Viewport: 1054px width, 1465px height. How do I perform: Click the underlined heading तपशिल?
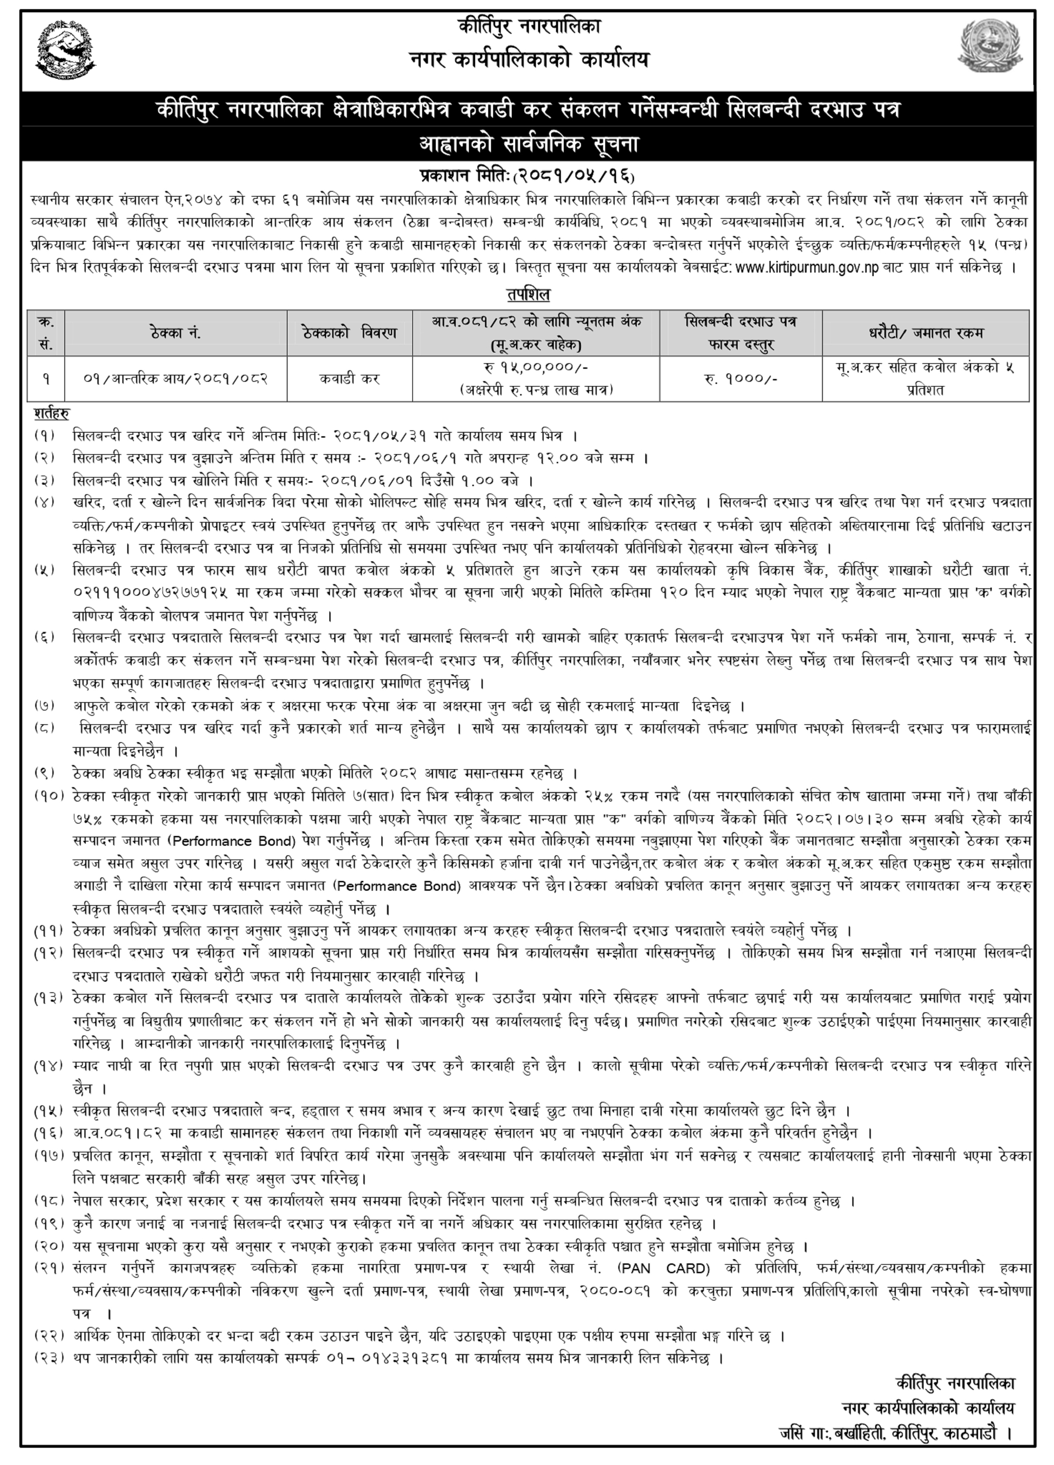(x=527, y=295)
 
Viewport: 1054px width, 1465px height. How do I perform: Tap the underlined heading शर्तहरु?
(x=52, y=412)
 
